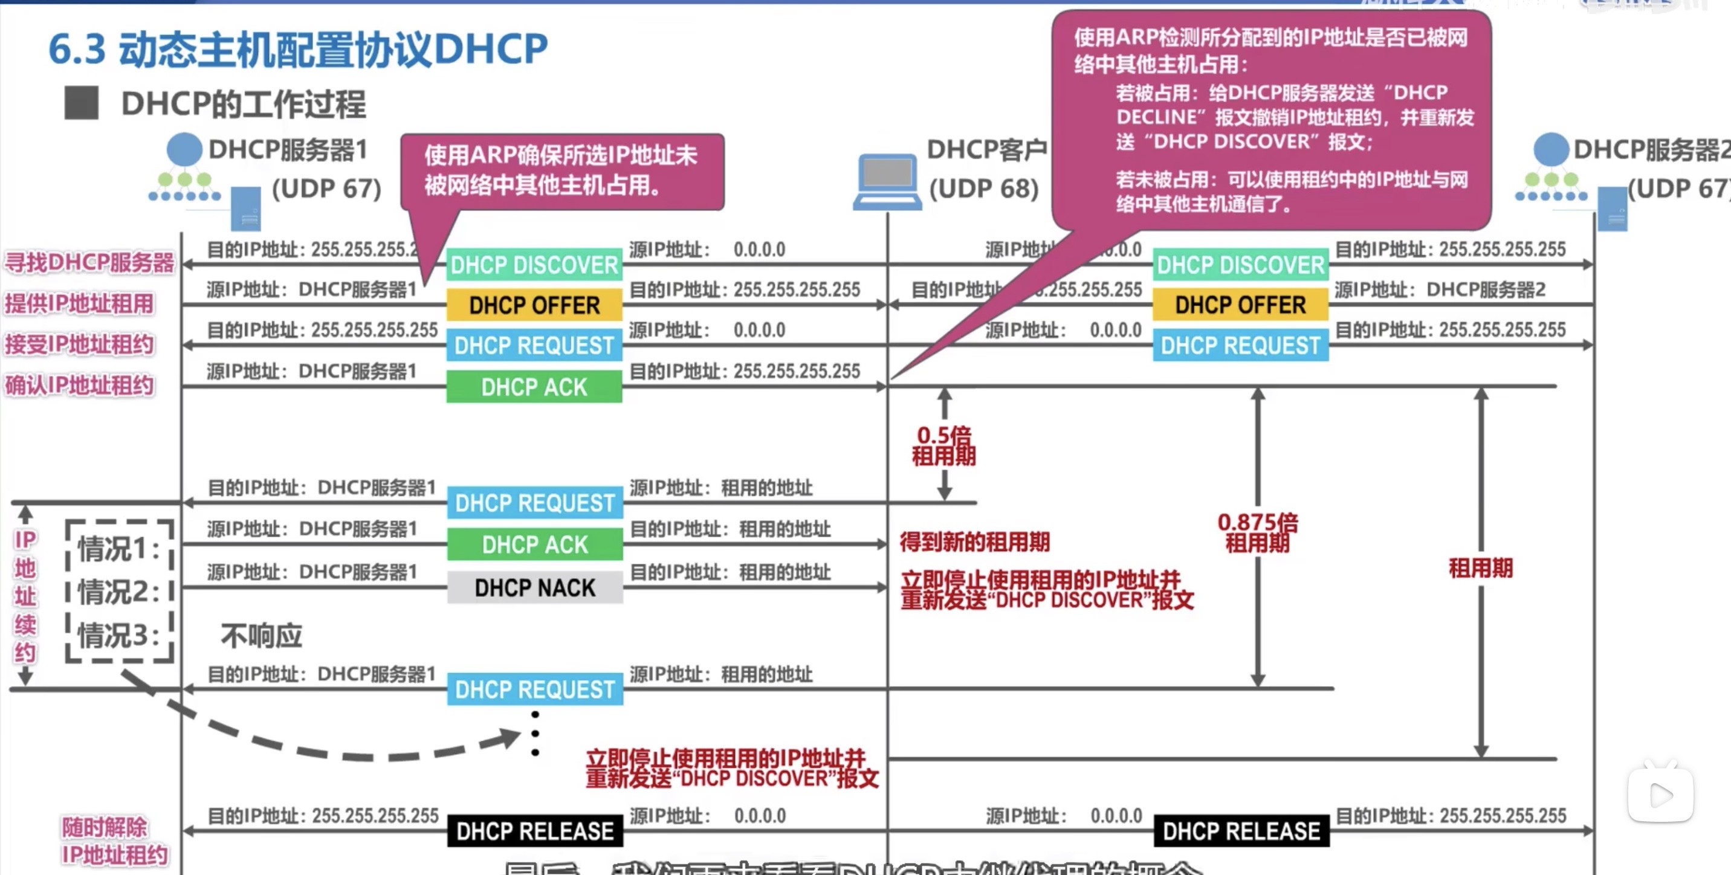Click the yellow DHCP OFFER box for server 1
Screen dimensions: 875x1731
(534, 305)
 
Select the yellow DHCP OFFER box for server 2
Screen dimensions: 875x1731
(1240, 305)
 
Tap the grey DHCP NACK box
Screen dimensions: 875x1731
(535, 587)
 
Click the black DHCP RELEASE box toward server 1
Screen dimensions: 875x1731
(535, 831)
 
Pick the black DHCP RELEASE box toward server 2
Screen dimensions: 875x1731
(1241, 831)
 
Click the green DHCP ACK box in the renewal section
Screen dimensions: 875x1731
(535, 544)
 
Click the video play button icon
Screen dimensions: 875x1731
(1660, 796)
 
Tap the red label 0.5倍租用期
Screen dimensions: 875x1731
(943, 445)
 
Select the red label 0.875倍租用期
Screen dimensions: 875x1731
(1257, 532)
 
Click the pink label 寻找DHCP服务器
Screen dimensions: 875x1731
(89, 263)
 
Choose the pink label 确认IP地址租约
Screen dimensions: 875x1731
(79, 386)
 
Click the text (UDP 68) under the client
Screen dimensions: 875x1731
(984, 189)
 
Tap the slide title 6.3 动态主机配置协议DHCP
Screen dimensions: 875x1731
(299, 49)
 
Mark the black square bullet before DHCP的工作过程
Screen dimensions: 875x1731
(82, 103)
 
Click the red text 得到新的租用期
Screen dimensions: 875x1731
(974, 542)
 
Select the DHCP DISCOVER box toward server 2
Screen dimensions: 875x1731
(1240, 265)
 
